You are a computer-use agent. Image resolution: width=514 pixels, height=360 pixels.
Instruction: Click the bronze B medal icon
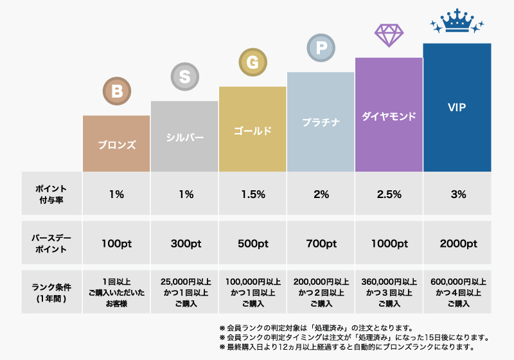coord(116,91)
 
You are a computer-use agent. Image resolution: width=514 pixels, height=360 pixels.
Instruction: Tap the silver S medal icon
coord(184,77)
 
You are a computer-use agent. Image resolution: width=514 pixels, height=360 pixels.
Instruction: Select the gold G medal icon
coord(253,62)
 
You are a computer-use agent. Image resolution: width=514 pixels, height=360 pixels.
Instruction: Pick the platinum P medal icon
coord(321,48)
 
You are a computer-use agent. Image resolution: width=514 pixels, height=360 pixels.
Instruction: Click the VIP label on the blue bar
coord(457,107)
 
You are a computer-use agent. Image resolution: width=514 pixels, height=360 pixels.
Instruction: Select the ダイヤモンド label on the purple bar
coord(389,116)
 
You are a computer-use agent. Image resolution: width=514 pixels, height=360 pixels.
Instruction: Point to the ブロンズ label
coord(116,145)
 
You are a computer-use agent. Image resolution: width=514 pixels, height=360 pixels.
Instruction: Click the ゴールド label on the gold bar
coord(253,130)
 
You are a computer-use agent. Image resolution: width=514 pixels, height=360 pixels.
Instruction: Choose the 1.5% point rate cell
coord(253,195)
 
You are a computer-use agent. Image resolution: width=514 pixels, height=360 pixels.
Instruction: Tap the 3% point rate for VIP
coord(457,195)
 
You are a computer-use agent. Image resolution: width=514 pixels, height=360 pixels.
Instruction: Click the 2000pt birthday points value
coord(457,244)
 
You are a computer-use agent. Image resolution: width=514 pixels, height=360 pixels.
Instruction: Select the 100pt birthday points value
coord(116,244)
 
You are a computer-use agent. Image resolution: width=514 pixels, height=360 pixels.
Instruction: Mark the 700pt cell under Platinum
coord(321,244)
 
